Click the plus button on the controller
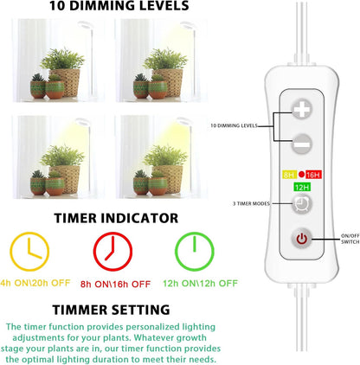[x=300, y=111]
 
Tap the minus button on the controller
[x=300, y=144]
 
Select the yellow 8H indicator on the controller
[x=289, y=174]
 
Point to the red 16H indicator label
[x=313, y=174]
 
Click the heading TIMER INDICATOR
[x=115, y=219]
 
